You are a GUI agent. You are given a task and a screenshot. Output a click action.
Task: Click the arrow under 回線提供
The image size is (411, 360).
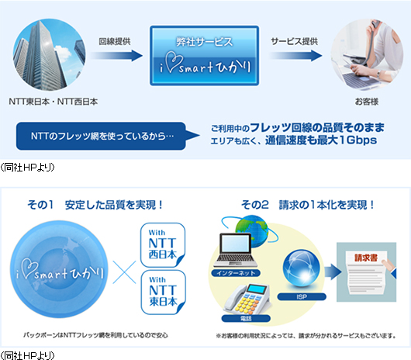[x=116, y=56]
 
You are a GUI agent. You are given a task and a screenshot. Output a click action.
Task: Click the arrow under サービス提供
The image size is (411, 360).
[x=295, y=56]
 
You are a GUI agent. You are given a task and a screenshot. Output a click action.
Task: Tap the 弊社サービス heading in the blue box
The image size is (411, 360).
[x=204, y=42]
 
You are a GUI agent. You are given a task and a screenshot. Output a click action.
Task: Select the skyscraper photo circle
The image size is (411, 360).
[x=50, y=54]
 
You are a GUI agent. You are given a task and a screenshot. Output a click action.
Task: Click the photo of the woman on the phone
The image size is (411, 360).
[x=367, y=54]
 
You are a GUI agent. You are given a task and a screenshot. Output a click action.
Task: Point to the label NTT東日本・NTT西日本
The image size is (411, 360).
[x=54, y=102]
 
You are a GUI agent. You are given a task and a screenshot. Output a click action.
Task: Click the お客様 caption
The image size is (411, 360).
[x=367, y=102]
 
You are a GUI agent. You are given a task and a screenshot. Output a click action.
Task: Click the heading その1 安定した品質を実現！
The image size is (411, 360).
[x=95, y=205]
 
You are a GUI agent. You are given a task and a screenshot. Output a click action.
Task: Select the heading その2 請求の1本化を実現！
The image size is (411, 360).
[x=308, y=205]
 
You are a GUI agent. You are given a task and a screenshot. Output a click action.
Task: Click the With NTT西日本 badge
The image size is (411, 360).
[x=163, y=245]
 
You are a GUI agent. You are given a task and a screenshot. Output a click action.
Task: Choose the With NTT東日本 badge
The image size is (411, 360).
[x=164, y=292]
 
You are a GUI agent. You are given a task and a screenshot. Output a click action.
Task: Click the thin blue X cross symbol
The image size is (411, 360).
[x=124, y=272]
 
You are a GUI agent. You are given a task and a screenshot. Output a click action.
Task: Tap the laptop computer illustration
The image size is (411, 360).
[x=236, y=250]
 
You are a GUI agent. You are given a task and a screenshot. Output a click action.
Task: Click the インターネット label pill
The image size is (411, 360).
[x=236, y=273]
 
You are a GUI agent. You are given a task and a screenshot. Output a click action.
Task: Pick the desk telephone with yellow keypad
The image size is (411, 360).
[x=247, y=299]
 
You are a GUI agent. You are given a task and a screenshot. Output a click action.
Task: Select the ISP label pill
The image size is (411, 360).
[x=302, y=297]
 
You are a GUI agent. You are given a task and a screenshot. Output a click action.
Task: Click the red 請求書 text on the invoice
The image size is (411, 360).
[x=366, y=258]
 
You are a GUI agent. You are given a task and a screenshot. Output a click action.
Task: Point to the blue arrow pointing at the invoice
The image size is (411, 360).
[x=333, y=272]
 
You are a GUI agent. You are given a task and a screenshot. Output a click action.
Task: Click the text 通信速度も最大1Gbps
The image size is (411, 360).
[x=321, y=140]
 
